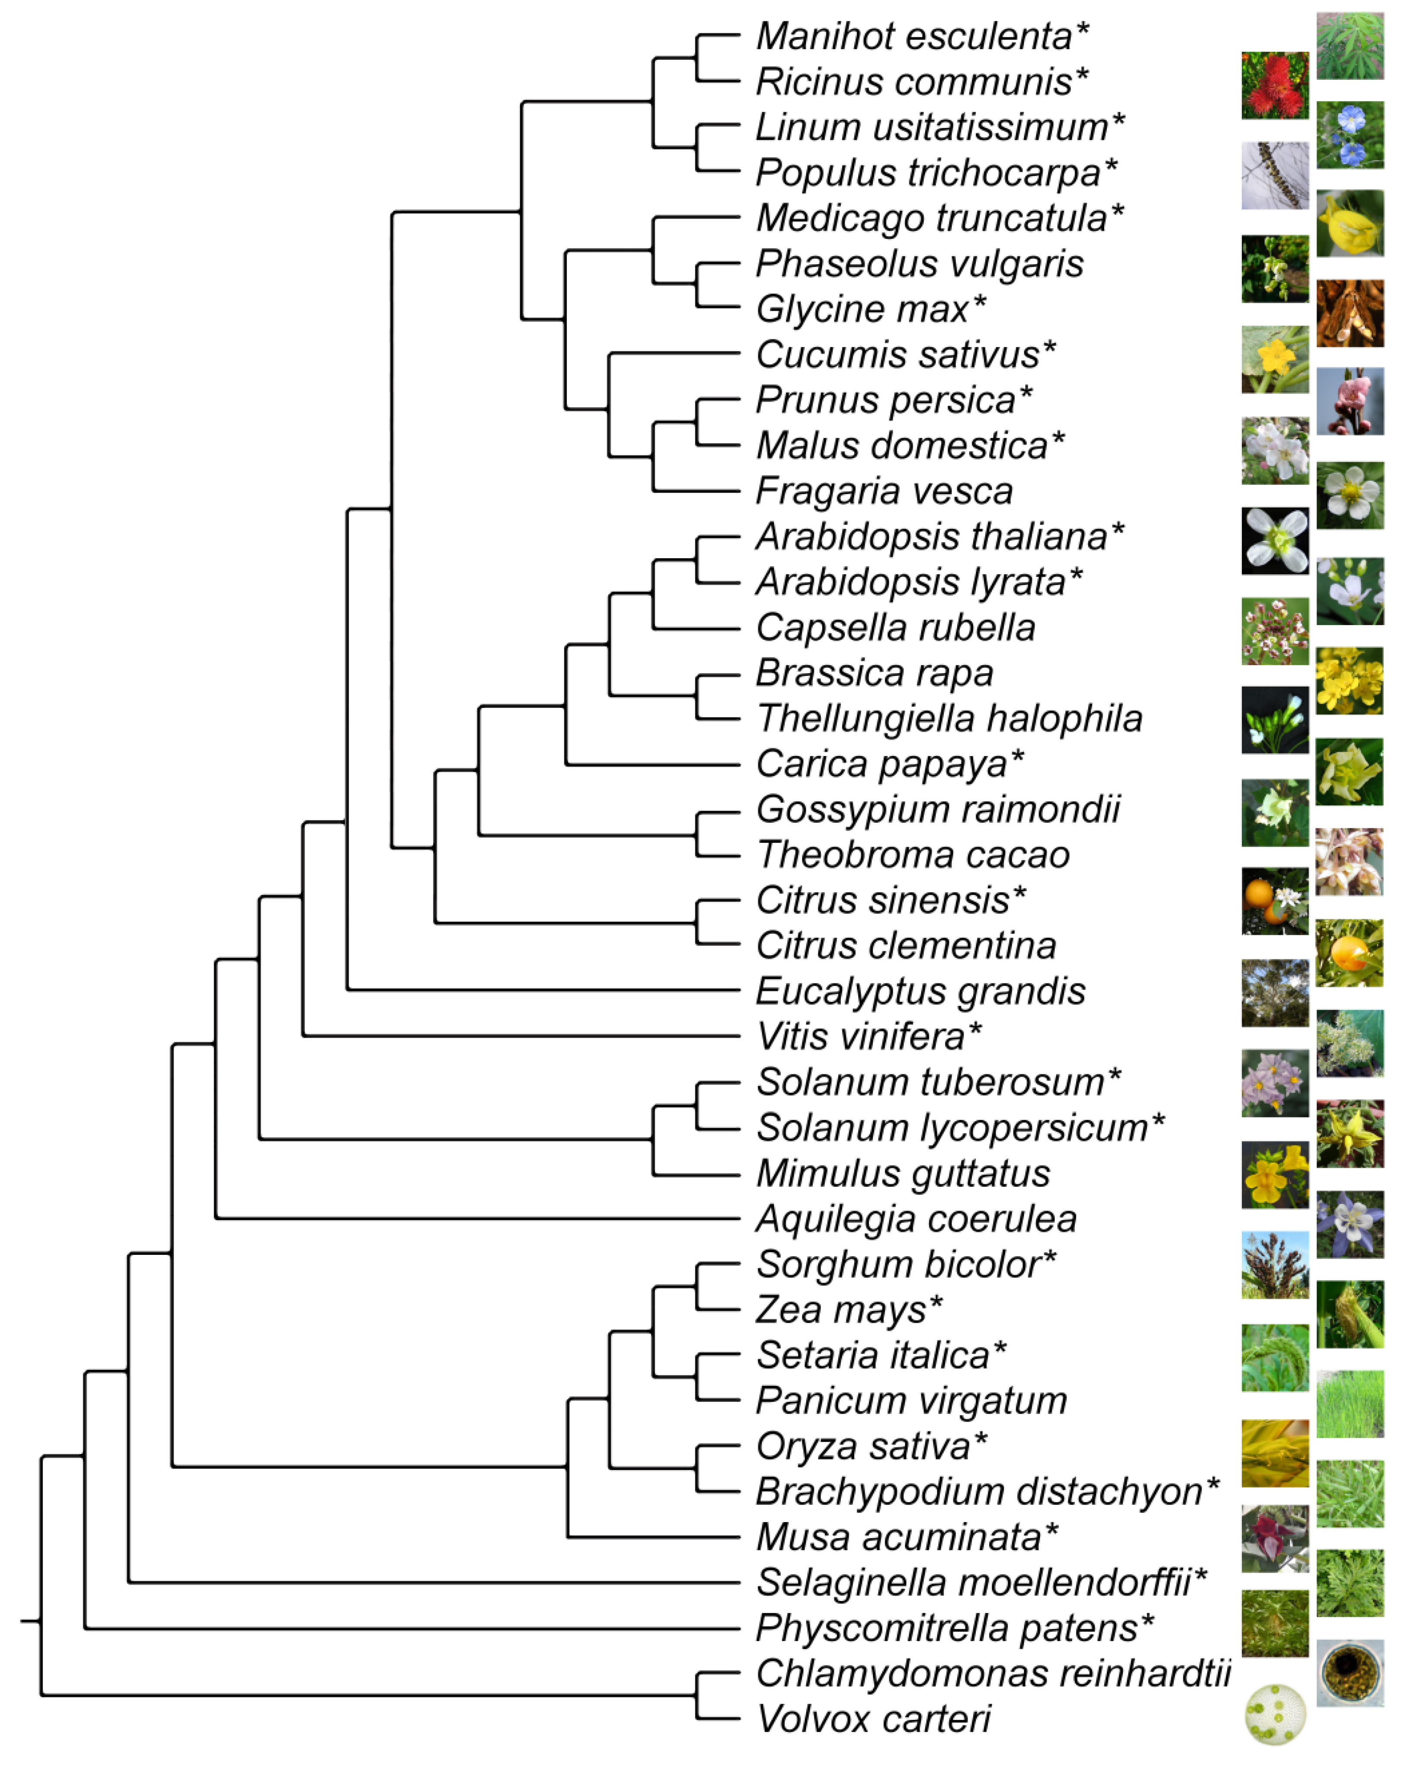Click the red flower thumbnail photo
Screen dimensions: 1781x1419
point(1274,86)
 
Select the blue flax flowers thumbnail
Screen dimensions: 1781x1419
point(1350,134)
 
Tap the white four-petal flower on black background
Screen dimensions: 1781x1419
point(1274,541)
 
